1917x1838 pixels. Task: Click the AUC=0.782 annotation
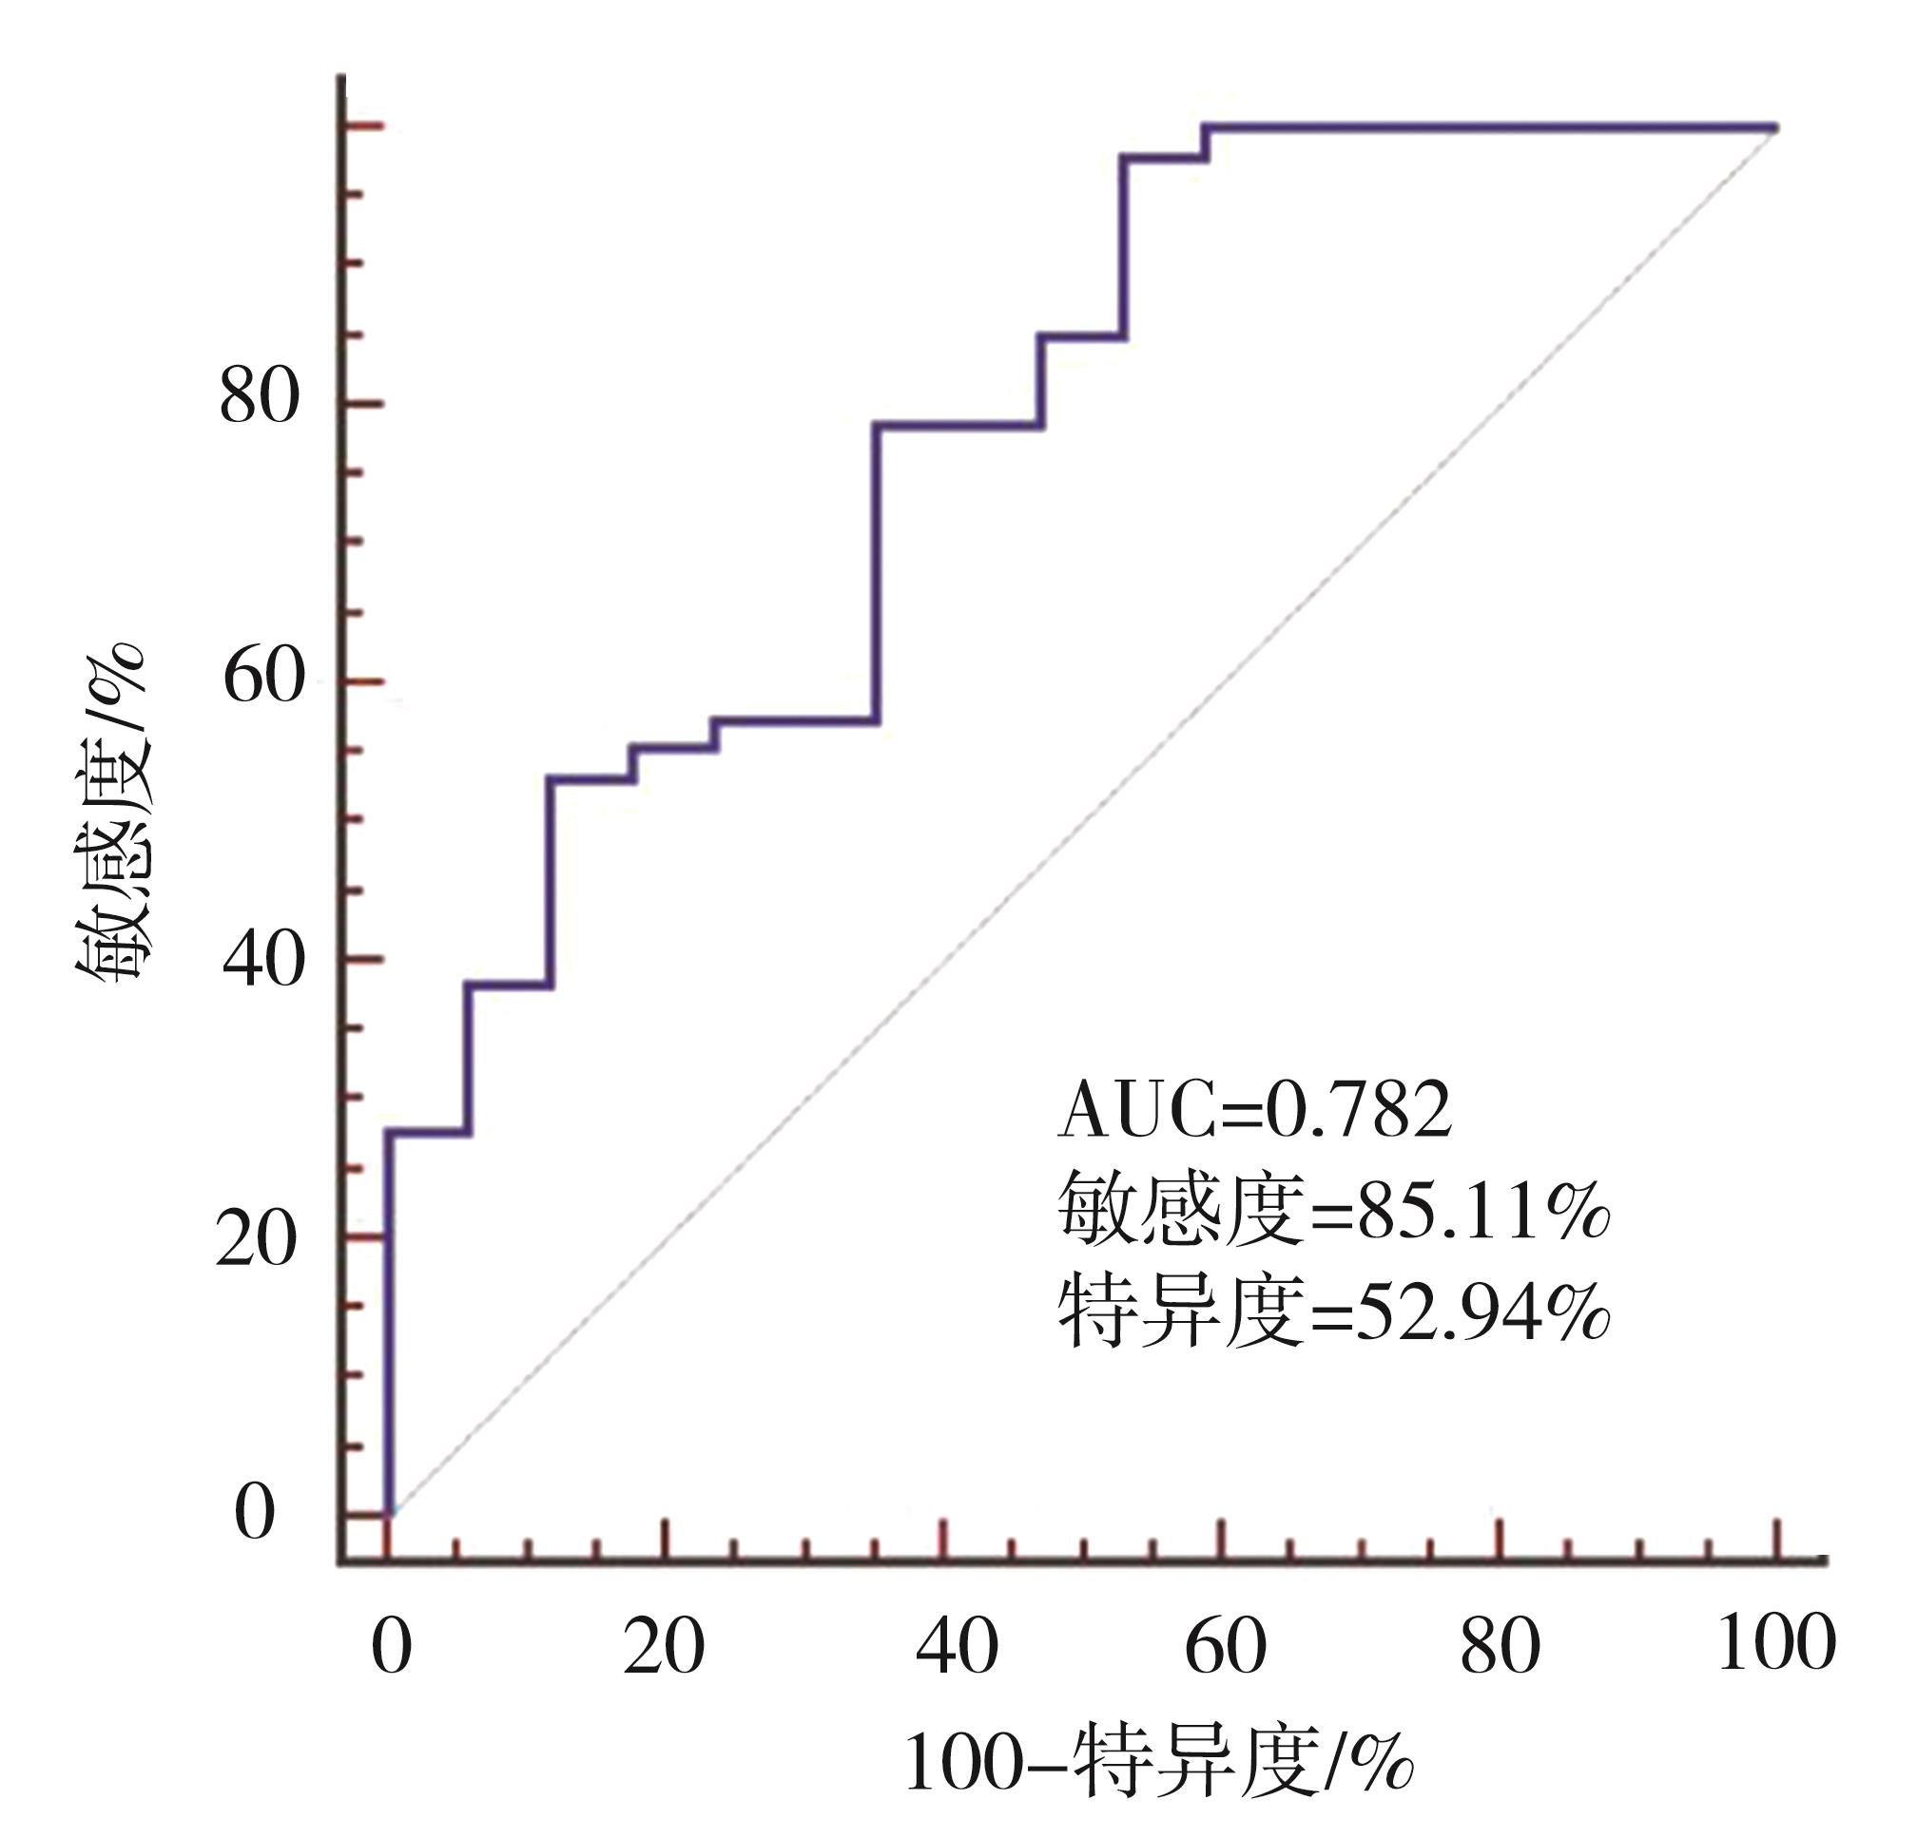point(1254,1112)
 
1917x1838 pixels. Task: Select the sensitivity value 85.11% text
point(1334,1211)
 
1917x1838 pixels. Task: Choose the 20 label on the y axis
point(256,1239)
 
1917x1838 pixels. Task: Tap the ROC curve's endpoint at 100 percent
point(1775,127)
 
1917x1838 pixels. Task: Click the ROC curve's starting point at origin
point(389,1514)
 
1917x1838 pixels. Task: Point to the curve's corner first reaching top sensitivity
point(1205,127)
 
